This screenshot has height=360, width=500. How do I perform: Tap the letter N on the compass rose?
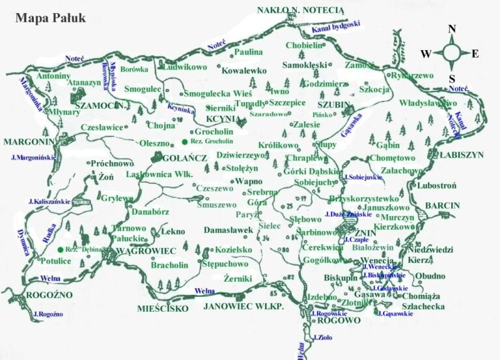pyautogui.click(x=452, y=29)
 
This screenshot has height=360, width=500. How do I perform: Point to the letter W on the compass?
pyautogui.click(x=425, y=53)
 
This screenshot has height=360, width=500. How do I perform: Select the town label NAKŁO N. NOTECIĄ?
pyautogui.click(x=300, y=10)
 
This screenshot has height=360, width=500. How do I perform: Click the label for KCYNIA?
pyautogui.click(x=221, y=120)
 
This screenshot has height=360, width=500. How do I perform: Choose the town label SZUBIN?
pyautogui.click(x=334, y=104)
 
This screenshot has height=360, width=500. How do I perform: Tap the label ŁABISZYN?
pyautogui.click(x=462, y=156)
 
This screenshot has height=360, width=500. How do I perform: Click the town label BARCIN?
pyautogui.click(x=443, y=205)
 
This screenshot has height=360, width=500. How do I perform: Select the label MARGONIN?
pyautogui.click(x=29, y=142)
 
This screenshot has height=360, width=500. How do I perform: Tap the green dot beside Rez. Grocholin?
pyautogui.click(x=185, y=142)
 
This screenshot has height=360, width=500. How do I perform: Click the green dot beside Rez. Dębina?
pyautogui.click(x=60, y=249)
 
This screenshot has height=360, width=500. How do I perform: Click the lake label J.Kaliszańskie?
pyautogui.click(x=49, y=202)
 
